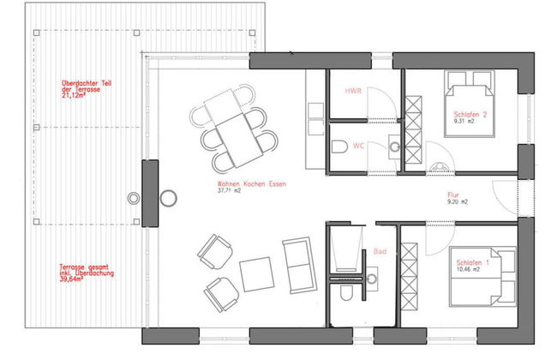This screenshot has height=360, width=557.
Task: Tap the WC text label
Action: (359, 147)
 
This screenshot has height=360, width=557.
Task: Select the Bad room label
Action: (380, 252)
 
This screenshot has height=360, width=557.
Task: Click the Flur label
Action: (453, 195)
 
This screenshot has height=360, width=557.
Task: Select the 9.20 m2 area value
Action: (458, 202)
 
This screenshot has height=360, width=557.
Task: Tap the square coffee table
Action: (255, 274)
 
